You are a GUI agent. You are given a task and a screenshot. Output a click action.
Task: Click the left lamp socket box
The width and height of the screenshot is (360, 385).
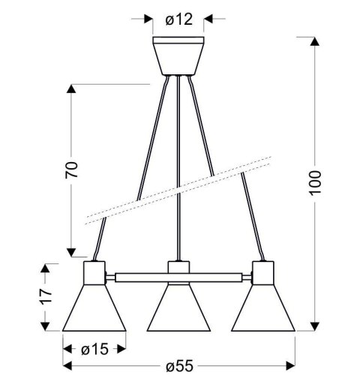94,273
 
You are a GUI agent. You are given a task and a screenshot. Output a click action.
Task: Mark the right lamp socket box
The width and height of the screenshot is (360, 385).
262,273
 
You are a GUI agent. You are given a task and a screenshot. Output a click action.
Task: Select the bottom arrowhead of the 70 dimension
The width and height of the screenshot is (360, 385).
71,254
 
